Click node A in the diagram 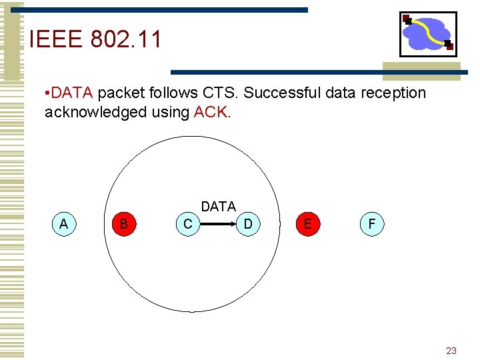(63, 224)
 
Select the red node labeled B (123, 224)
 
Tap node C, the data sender (188, 224)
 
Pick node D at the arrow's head (248, 224)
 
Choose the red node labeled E (307, 224)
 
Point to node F (371, 224)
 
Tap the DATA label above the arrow (219, 207)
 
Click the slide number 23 (451, 351)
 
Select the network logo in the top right (427, 34)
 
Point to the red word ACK (211, 112)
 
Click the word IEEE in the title (55, 40)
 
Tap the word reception (395, 93)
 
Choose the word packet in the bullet (122, 93)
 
